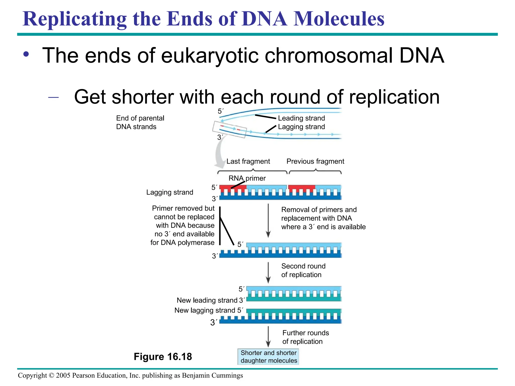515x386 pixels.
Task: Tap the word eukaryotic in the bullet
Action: (x=210, y=56)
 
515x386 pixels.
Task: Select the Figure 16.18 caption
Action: (x=163, y=357)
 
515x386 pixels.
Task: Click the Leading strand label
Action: (x=301, y=118)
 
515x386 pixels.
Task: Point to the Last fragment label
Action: (x=248, y=161)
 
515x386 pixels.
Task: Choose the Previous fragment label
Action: (x=315, y=161)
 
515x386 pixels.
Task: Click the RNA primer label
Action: (x=247, y=178)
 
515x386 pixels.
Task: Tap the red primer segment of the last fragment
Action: (x=233, y=187)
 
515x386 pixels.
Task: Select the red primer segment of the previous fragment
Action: (x=301, y=187)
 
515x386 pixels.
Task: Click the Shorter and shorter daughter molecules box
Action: (x=268, y=357)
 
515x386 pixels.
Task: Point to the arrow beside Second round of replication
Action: (x=268, y=273)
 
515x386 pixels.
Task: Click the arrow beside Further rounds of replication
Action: (x=268, y=337)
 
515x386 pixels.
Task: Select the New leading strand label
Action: (x=207, y=300)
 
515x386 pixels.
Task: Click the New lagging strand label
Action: (x=205, y=310)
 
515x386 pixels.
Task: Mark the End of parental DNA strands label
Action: (x=140, y=122)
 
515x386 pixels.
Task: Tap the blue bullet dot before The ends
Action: (x=26, y=54)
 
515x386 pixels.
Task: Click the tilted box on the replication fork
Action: (x=229, y=129)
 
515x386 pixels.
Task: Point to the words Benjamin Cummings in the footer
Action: (x=212, y=375)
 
